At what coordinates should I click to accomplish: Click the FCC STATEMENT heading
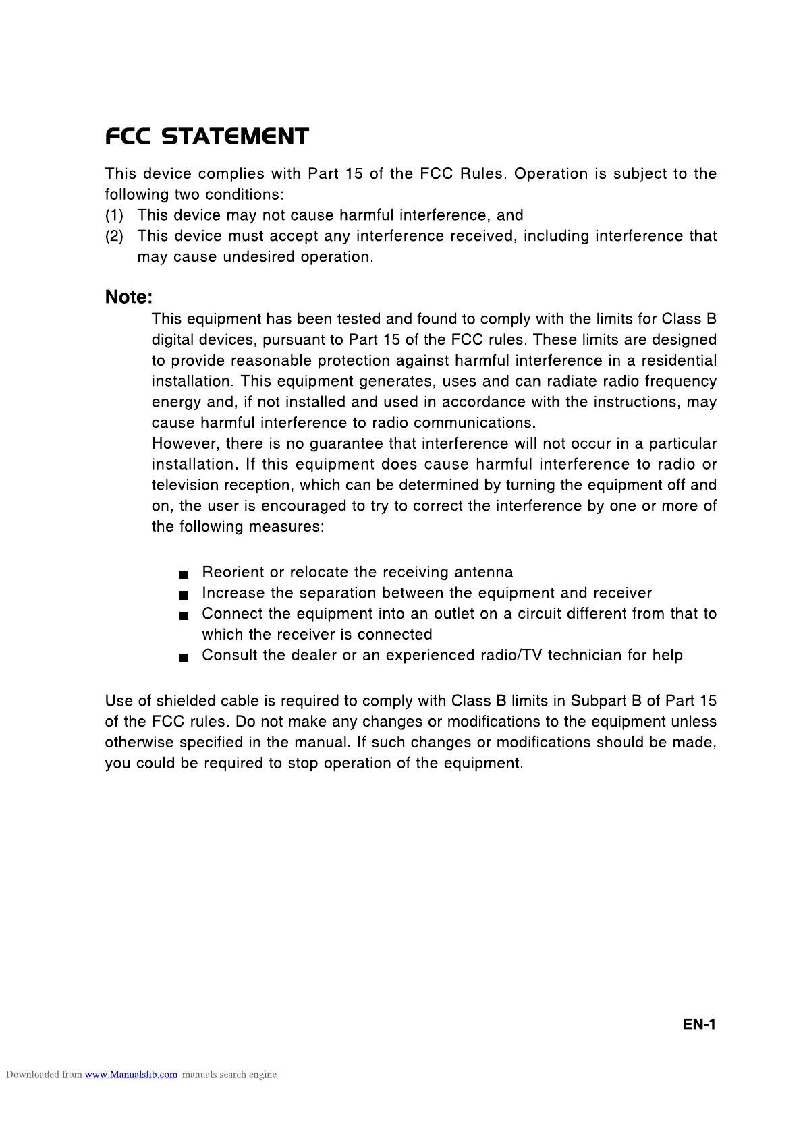(x=206, y=137)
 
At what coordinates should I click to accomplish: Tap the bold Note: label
(x=129, y=297)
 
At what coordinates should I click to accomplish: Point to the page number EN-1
(x=699, y=1025)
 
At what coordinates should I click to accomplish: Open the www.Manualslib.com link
(x=131, y=1075)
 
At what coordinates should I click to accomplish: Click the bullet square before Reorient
(x=184, y=575)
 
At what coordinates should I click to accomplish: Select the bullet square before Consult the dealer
(x=184, y=658)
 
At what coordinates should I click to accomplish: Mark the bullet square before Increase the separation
(x=184, y=596)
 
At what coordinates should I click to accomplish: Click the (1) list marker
(x=114, y=216)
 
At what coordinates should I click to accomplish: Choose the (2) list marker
(x=114, y=237)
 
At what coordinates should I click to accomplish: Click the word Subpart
(x=599, y=702)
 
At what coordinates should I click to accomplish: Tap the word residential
(x=678, y=361)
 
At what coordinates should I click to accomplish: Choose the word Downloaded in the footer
(x=33, y=1075)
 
